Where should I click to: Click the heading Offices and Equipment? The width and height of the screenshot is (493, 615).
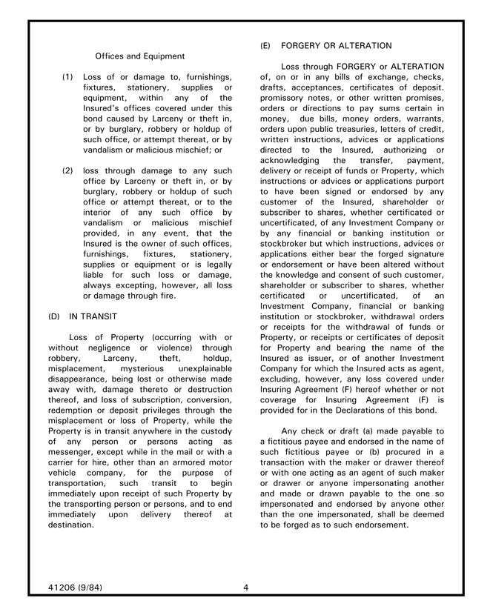(140, 56)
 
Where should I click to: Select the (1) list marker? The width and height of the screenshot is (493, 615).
(67, 76)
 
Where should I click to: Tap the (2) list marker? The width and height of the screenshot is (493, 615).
(67, 170)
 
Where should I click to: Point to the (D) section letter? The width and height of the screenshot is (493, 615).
(54, 316)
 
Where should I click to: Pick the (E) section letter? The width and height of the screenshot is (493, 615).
(265, 46)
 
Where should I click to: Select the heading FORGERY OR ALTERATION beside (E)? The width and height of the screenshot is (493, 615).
(337, 46)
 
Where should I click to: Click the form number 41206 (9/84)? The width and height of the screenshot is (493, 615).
(75, 588)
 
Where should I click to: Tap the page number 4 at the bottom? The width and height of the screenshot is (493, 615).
(245, 588)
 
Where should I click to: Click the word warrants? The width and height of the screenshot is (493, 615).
(424, 119)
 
